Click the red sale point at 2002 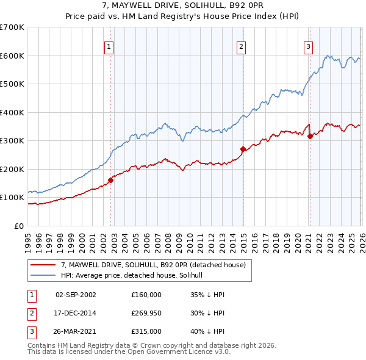coord(110,180)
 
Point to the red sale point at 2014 coord(243,149)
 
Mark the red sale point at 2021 coord(310,136)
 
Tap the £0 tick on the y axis coord(19,226)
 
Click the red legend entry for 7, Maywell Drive coord(152,265)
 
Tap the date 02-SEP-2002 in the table coord(76,295)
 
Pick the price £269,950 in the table coord(146,313)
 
